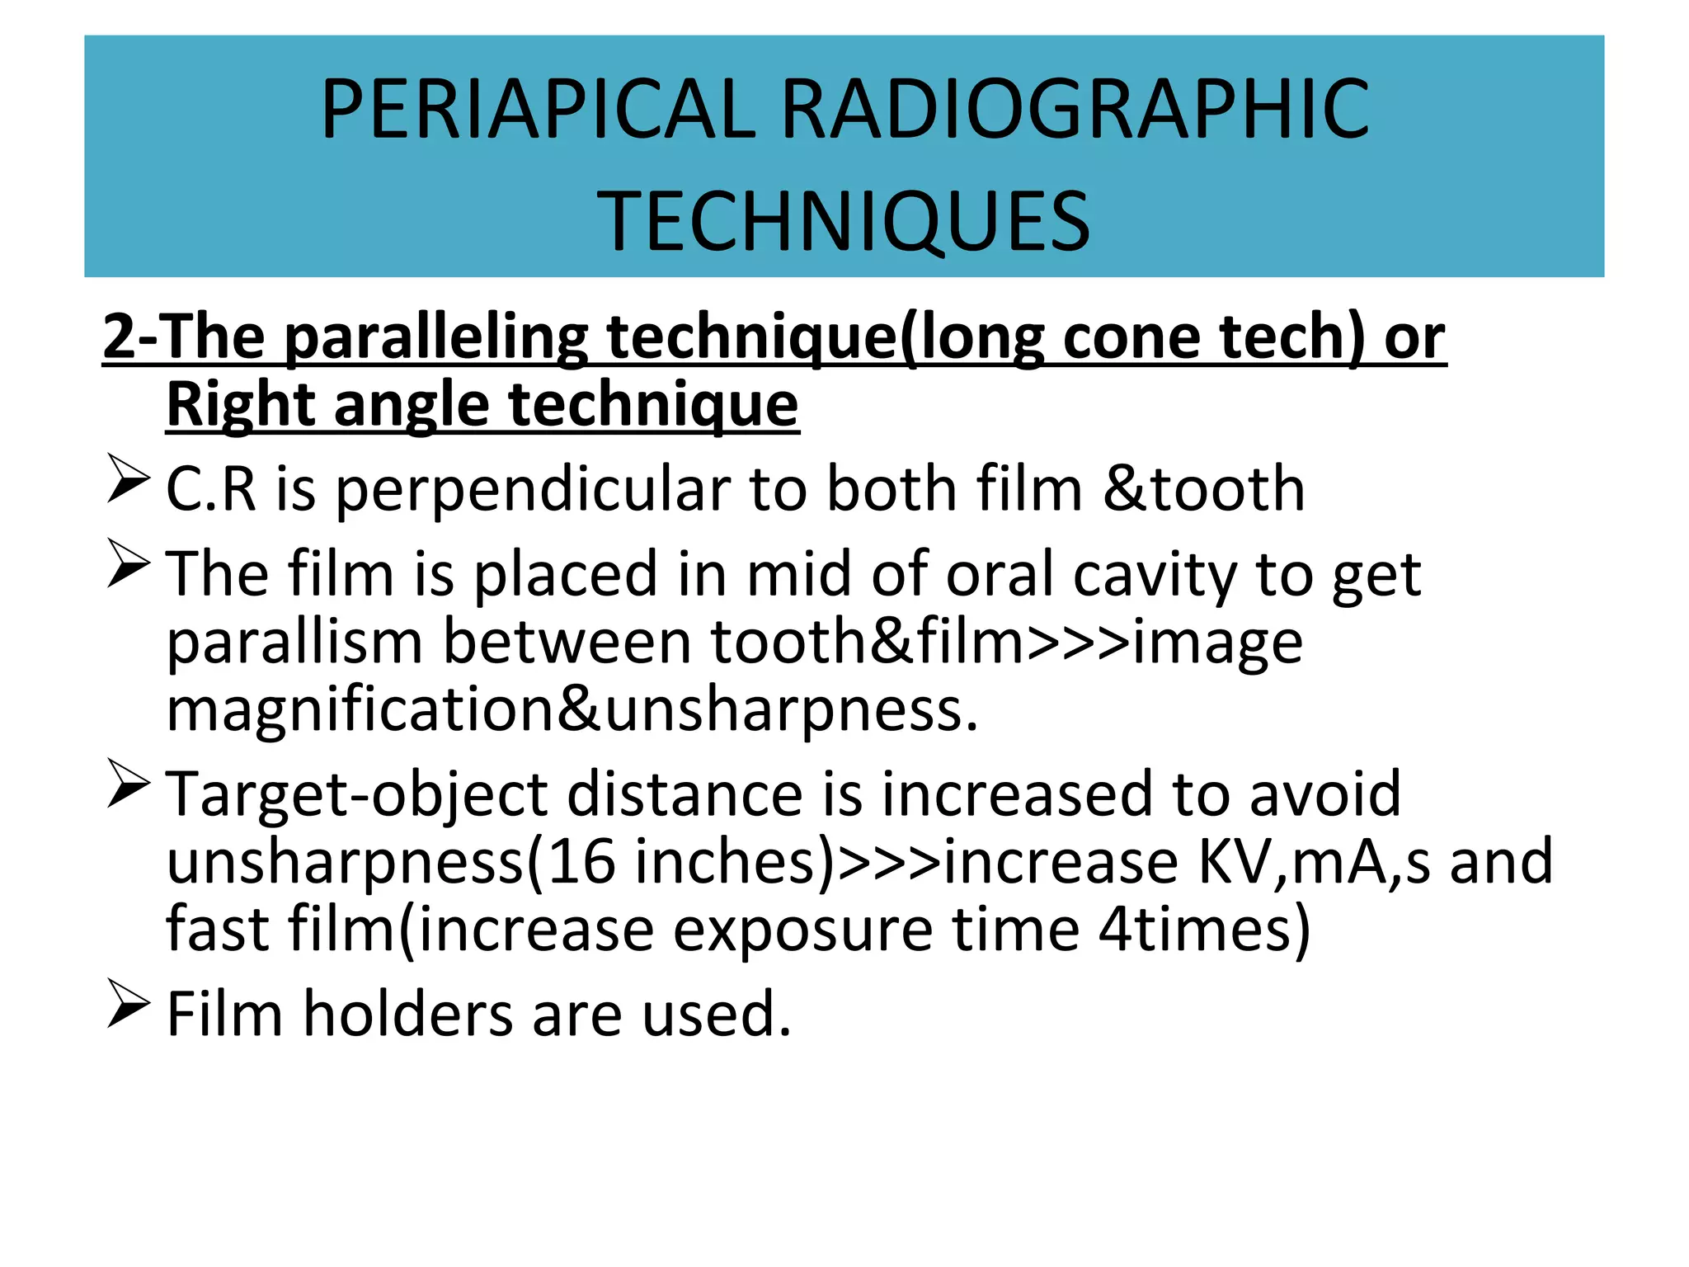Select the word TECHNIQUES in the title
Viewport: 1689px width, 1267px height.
pyautogui.click(x=844, y=221)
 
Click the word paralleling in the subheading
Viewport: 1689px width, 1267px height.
pyautogui.click(x=436, y=337)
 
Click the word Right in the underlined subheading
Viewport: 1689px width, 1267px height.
pyautogui.click(x=239, y=405)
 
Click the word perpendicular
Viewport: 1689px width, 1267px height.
pyautogui.click(x=534, y=489)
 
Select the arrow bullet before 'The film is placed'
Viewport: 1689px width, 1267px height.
pyautogui.click(x=128, y=563)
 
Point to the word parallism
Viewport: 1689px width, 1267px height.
pyautogui.click(x=294, y=642)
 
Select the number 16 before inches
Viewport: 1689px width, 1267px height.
pyautogui.click(x=581, y=862)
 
